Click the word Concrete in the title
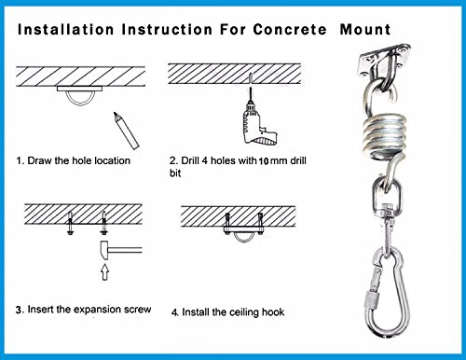(x=290, y=30)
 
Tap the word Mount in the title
(x=365, y=30)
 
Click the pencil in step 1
(x=126, y=131)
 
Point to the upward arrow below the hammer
(x=105, y=271)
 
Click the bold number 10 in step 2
(x=264, y=161)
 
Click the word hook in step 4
(x=273, y=312)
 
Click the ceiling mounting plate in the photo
(x=385, y=60)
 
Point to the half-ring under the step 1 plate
(x=80, y=100)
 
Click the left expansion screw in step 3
(x=71, y=223)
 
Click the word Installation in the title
(x=66, y=30)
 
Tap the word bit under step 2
(x=175, y=173)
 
